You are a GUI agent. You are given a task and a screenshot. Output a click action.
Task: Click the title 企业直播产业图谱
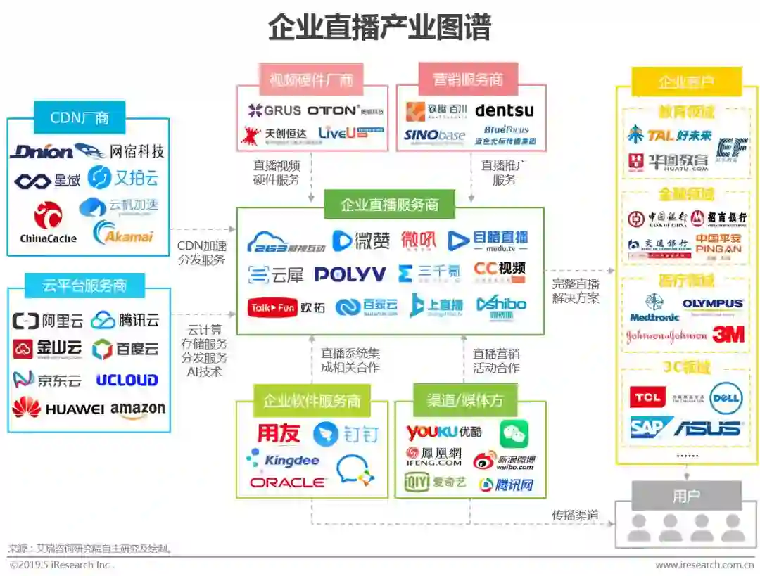click(379, 28)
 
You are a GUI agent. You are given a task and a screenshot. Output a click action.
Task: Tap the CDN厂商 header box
click(80, 117)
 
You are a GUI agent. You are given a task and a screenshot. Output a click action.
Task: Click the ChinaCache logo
click(48, 224)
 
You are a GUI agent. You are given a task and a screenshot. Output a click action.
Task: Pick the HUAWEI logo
click(58, 408)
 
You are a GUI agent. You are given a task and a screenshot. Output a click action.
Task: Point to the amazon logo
click(138, 409)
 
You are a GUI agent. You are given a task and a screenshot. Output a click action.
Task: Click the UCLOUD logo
click(127, 380)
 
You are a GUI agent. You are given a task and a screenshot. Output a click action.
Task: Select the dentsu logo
click(505, 110)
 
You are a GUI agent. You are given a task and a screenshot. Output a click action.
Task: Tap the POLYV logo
click(350, 274)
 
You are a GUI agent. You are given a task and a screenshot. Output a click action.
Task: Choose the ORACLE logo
click(287, 482)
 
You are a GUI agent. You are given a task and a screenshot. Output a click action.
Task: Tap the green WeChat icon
click(514, 433)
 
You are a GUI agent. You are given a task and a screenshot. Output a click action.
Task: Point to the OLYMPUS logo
click(712, 304)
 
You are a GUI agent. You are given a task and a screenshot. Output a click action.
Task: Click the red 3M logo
click(728, 335)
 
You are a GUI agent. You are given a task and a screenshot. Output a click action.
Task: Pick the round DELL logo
click(726, 399)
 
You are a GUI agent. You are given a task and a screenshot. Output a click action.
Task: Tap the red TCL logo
click(646, 397)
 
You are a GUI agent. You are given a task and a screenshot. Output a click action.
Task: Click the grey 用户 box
click(686, 496)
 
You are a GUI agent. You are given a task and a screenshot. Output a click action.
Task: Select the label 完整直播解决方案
click(576, 290)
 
